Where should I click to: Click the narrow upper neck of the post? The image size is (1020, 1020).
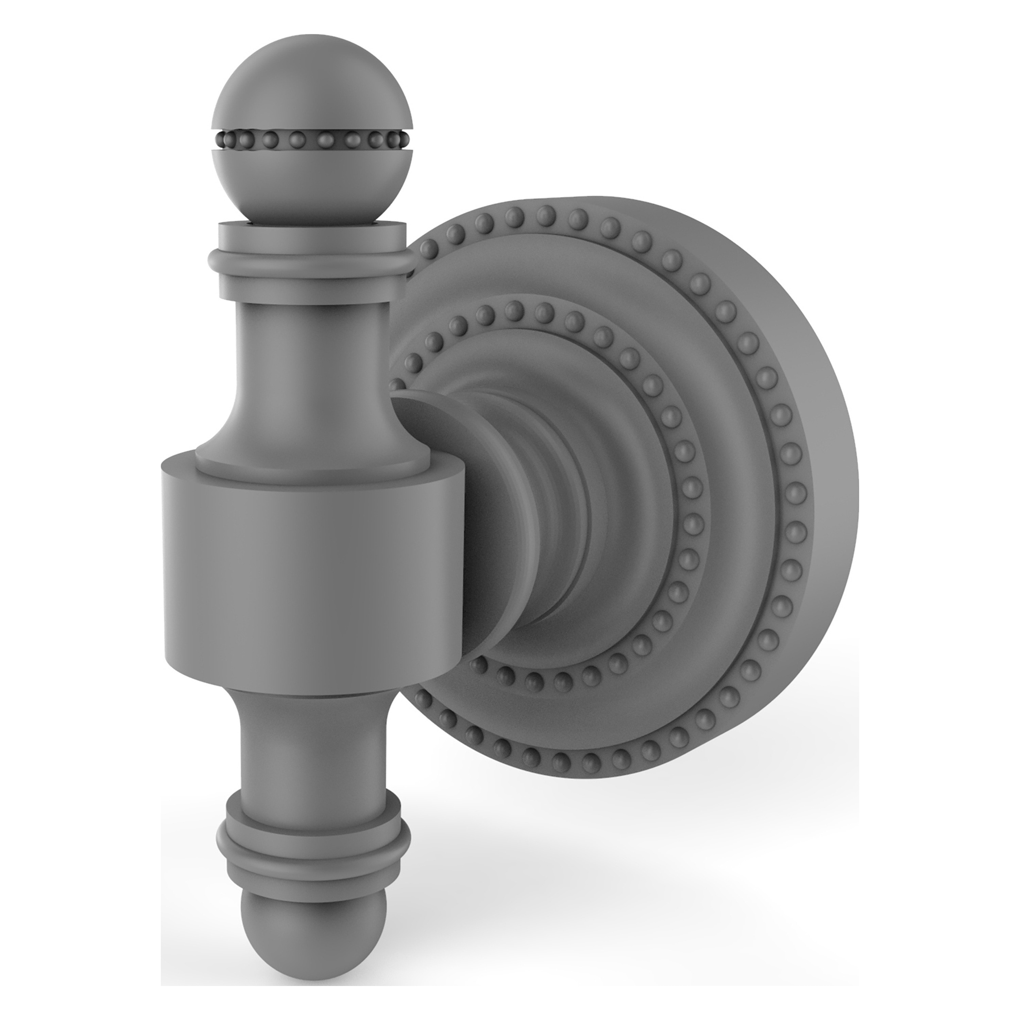[311, 348]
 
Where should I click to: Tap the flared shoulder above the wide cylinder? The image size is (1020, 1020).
[311, 443]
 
